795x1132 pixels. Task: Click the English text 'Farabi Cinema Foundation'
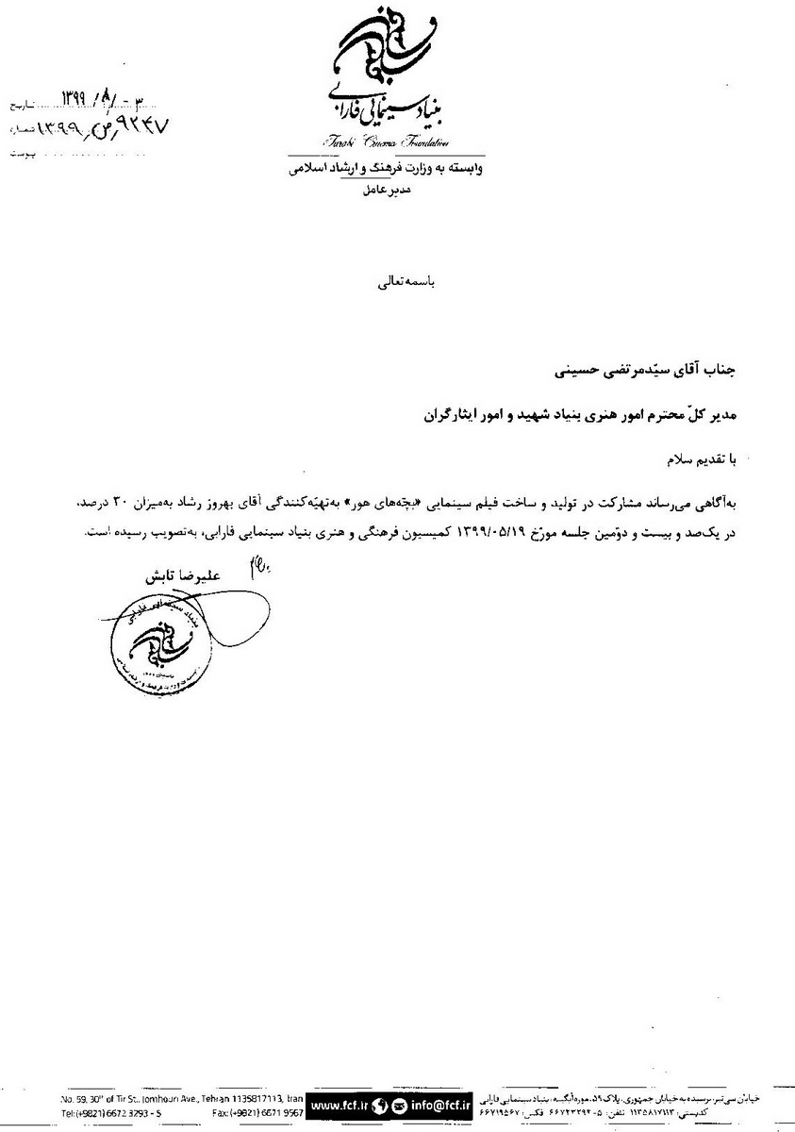coord(392,142)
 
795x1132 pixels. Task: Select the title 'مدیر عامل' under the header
coord(386,190)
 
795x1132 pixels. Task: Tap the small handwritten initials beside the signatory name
coord(257,566)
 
